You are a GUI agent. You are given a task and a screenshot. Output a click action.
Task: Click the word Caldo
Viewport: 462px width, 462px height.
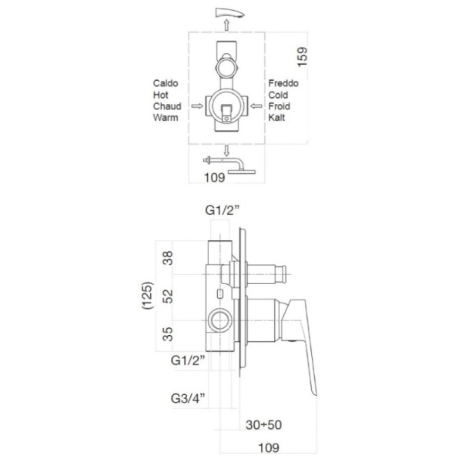coord(166,83)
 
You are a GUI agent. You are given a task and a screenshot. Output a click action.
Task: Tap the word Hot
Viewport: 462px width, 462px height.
coord(161,95)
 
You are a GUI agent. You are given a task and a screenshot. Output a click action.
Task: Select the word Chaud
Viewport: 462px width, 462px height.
coord(167,106)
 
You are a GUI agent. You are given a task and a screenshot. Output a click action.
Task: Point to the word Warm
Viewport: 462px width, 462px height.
coord(166,118)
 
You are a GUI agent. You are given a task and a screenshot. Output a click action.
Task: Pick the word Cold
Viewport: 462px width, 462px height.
coord(278,95)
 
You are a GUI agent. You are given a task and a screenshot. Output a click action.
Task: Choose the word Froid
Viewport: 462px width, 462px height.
coord(279,106)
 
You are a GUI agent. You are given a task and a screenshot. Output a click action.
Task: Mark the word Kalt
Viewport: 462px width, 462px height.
coord(276,118)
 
